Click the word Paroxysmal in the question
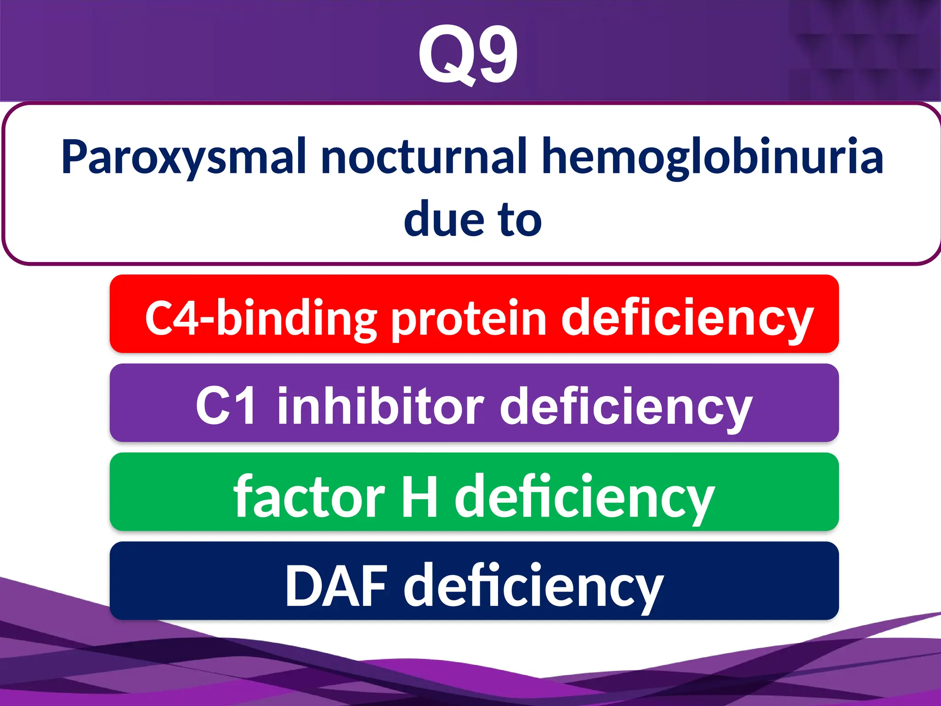point(184,157)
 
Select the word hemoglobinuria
point(712,157)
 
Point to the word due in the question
point(444,220)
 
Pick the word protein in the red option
point(469,319)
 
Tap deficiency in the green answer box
point(584,497)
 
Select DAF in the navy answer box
point(335,586)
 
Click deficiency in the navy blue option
point(533,587)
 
